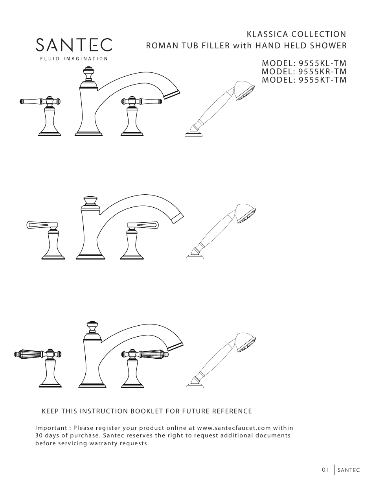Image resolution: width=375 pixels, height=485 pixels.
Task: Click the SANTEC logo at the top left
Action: pos(74,44)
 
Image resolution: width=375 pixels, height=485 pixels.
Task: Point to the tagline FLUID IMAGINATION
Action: pos(74,59)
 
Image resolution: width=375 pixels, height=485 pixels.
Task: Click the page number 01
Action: pos(325,470)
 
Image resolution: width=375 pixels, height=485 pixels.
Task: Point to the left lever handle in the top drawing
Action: pos(33,101)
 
